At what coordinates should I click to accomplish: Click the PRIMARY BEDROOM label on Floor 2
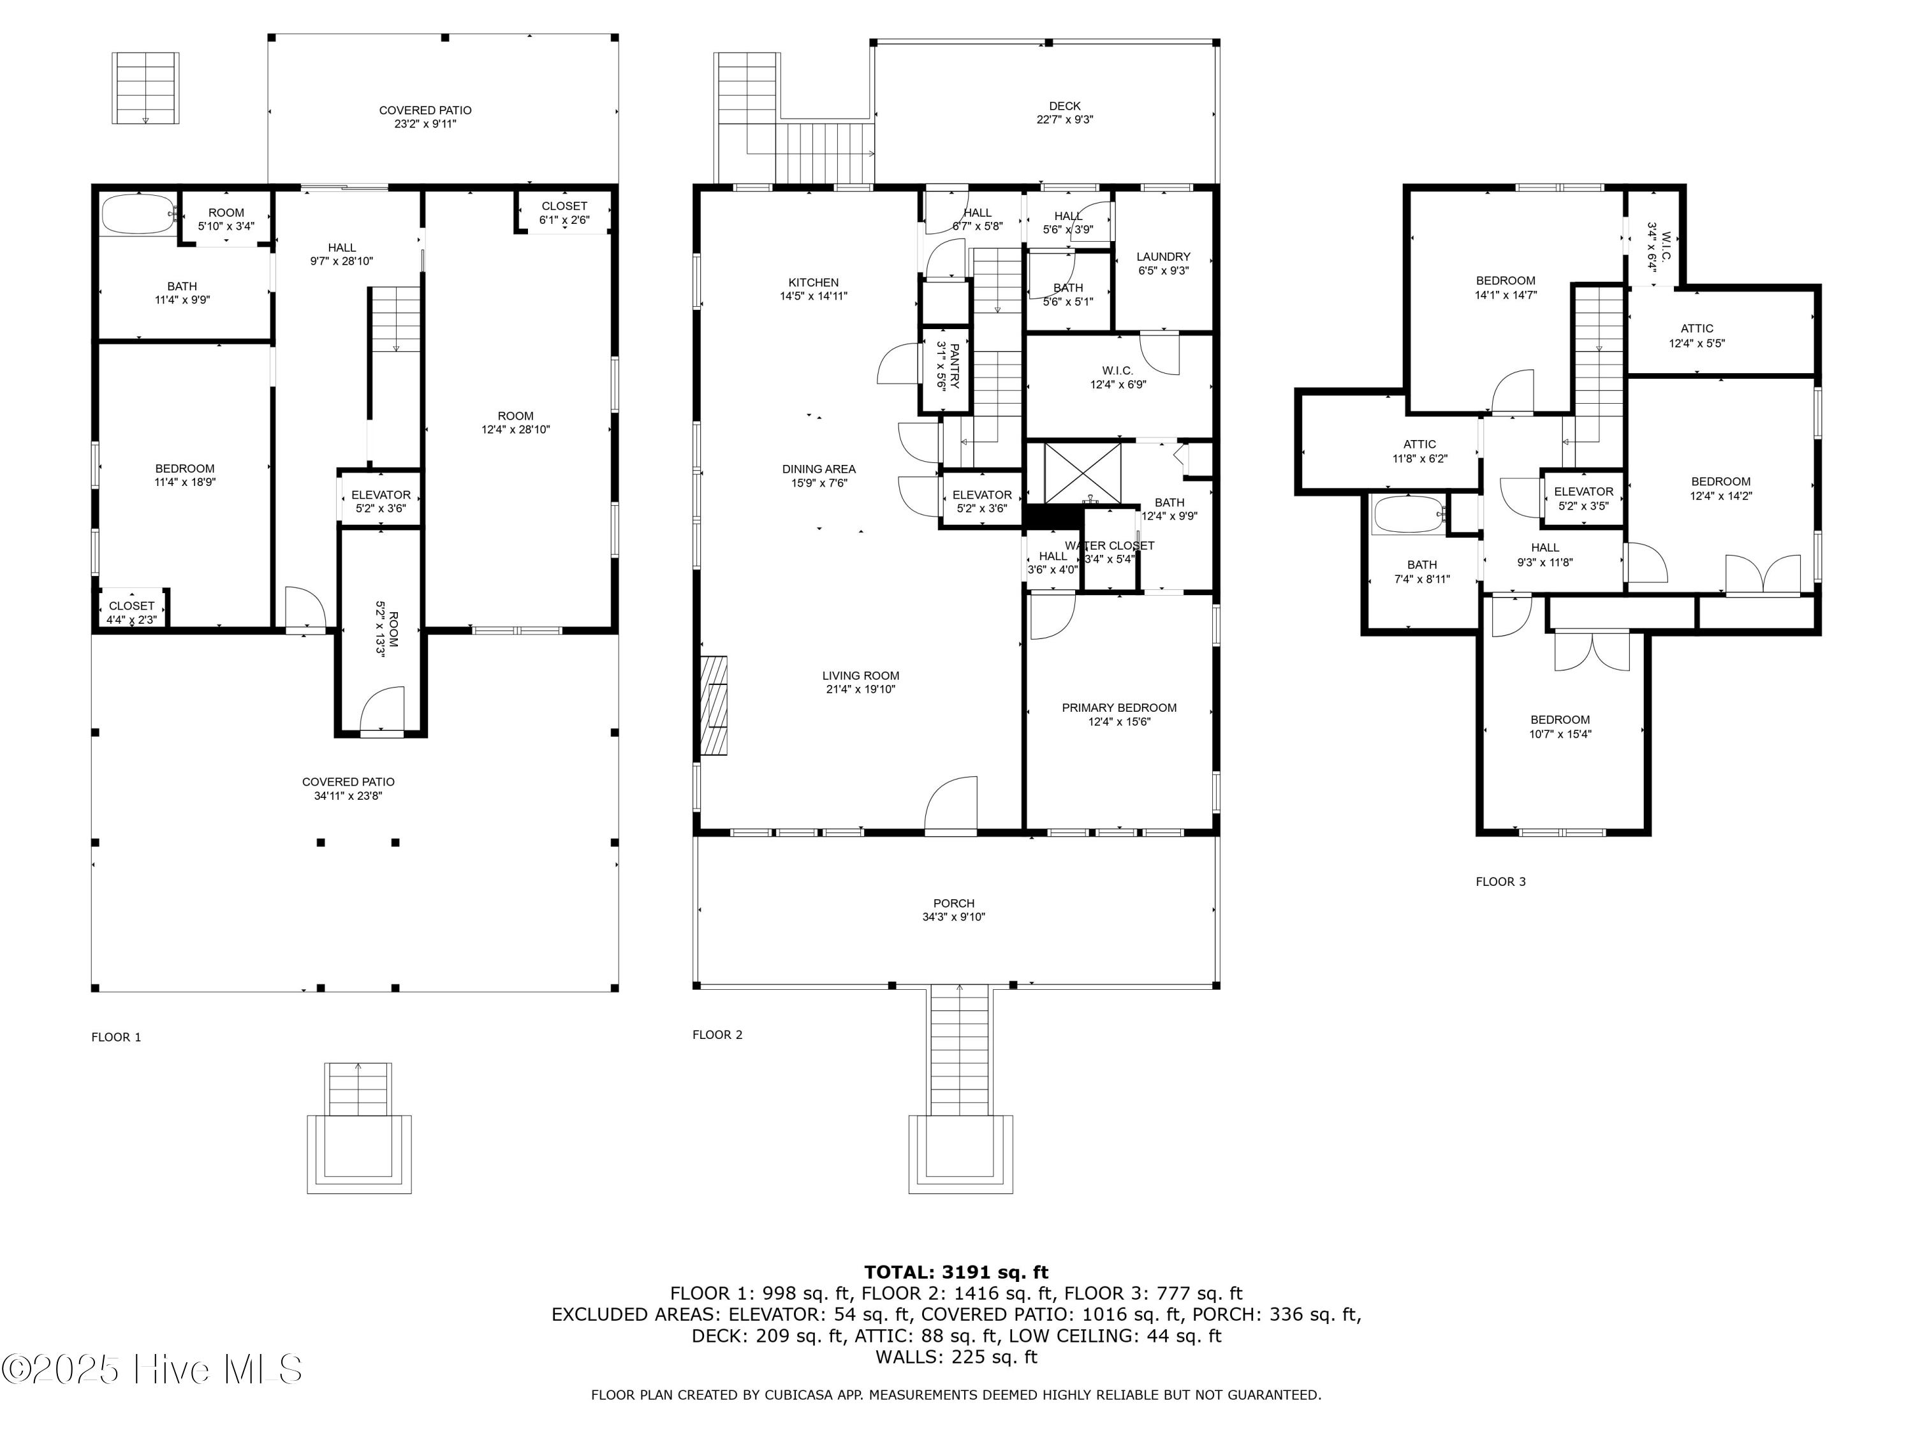(x=1119, y=707)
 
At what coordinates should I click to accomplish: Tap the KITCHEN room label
(x=813, y=283)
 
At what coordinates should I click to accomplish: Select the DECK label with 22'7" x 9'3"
(x=1065, y=107)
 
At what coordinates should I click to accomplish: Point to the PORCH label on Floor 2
(x=954, y=903)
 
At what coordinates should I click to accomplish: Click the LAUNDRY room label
(x=1163, y=257)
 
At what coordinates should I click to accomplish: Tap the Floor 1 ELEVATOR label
(x=381, y=496)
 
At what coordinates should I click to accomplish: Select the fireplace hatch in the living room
(x=714, y=706)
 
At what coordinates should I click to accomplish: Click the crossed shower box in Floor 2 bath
(x=1082, y=473)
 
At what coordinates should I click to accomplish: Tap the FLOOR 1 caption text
(x=116, y=1037)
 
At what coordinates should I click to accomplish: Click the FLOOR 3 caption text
(x=1500, y=881)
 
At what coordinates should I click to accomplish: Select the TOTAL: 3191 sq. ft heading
(x=956, y=1272)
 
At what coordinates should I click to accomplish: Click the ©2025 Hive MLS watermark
(x=152, y=1369)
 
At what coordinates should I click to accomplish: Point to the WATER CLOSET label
(x=1110, y=546)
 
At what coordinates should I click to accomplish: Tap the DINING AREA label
(x=819, y=469)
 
